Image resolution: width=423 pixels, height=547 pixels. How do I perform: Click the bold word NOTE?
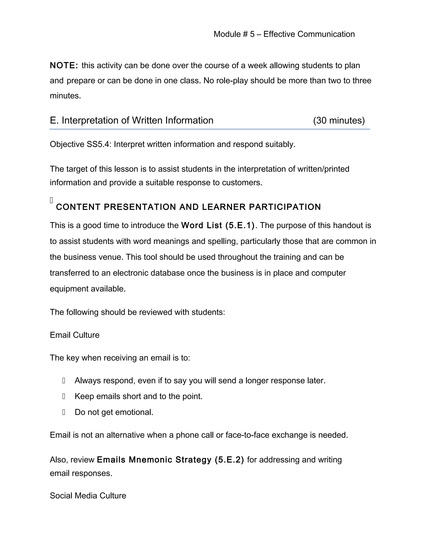click(x=64, y=66)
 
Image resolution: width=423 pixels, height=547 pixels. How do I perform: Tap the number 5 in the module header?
click(x=252, y=34)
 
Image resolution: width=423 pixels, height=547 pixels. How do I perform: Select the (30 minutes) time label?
click(x=339, y=121)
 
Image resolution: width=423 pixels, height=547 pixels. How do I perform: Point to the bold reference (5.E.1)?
click(x=240, y=225)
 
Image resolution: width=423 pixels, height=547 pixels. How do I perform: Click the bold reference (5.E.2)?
click(x=229, y=460)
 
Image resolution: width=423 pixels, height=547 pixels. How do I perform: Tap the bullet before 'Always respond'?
click(x=64, y=381)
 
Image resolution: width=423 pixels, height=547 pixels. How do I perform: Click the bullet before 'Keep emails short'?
click(x=64, y=397)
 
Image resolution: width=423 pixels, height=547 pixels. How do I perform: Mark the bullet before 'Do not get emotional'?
click(x=64, y=412)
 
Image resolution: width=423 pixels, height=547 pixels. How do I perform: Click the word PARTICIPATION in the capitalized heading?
click(x=285, y=207)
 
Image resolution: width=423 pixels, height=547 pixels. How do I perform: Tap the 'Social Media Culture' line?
click(x=88, y=496)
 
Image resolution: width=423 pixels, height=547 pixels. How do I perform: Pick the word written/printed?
click(x=323, y=169)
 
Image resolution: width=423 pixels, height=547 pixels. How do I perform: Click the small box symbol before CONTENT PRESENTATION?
click(x=51, y=200)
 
